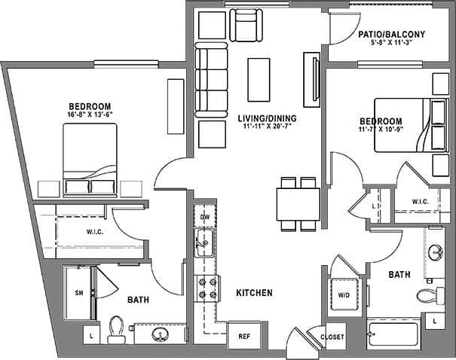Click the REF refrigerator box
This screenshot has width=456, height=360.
pyautogui.click(x=243, y=337)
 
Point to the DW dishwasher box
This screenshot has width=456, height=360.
pyautogui.click(x=204, y=218)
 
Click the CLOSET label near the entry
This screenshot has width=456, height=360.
pyautogui.click(x=332, y=337)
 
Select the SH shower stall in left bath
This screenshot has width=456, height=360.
pyautogui.click(x=78, y=294)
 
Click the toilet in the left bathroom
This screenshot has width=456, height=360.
pyautogui.click(x=115, y=329)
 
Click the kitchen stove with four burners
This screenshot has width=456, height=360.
pyautogui.click(x=207, y=288)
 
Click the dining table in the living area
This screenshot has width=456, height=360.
pyautogui.click(x=298, y=203)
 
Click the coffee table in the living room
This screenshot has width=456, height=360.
pyautogui.click(x=259, y=80)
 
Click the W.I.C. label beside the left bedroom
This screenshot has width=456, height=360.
pyautogui.click(x=94, y=231)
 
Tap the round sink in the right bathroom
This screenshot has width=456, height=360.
pyautogui.click(x=435, y=253)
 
